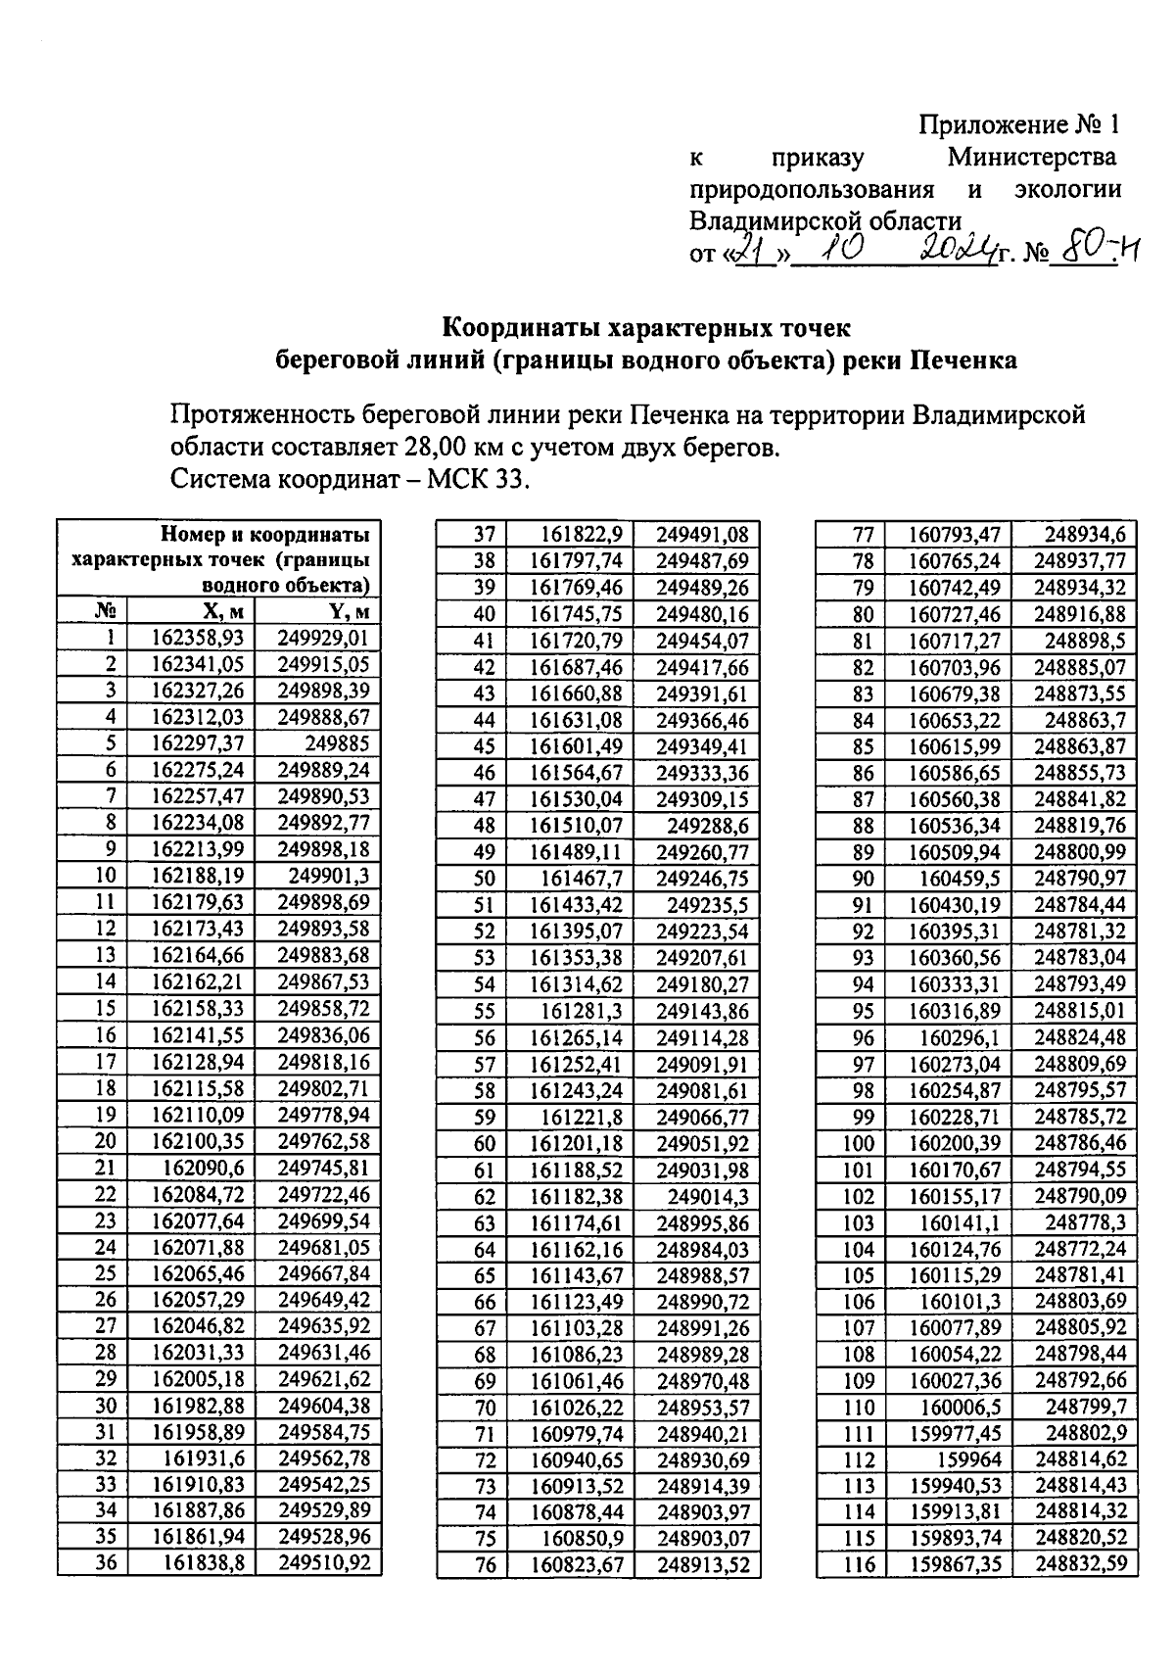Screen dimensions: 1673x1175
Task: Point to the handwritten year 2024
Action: click(x=957, y=251)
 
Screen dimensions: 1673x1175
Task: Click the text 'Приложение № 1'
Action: click(x=1017, y=125)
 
